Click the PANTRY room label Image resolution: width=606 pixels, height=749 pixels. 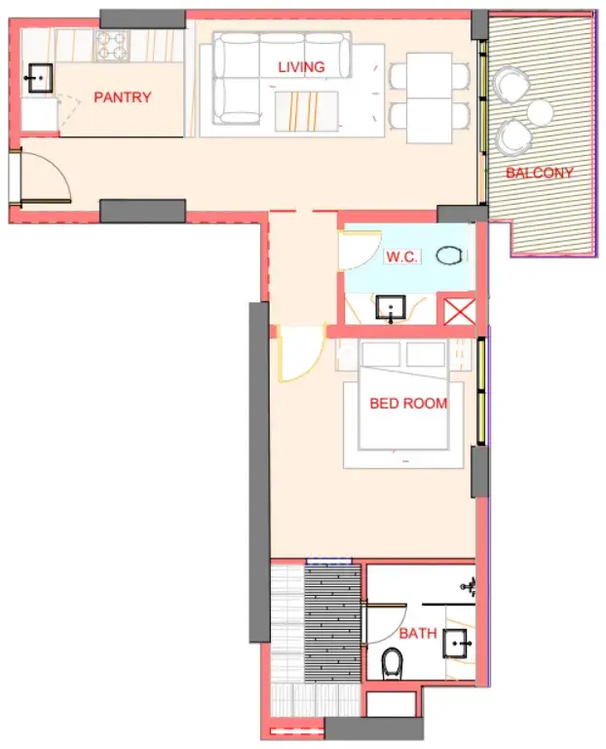point(122,98)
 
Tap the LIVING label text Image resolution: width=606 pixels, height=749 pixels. point(301,67)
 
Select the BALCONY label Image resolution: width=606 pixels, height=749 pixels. point(539,173)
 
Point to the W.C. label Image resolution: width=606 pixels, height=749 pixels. point(401,256)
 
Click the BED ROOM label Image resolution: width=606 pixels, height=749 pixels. point(408,403)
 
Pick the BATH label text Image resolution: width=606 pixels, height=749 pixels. point(418,633)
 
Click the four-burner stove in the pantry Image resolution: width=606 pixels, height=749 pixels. point(112,46)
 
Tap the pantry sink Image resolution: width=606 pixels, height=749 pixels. point(39,78)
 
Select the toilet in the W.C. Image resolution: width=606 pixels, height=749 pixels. point(449,256)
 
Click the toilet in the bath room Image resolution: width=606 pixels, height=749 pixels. point(393,662)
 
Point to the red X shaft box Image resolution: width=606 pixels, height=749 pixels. point(460,311)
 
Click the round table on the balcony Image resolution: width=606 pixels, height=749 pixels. point(540,111)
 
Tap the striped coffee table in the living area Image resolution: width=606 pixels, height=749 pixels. point(306,111)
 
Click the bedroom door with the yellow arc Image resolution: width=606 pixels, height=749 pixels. point(299,354)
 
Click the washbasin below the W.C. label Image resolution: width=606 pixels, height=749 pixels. point(391,307)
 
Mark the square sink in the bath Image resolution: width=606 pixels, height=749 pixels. point(456,644)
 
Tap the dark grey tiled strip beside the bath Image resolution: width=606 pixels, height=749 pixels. point(332,622)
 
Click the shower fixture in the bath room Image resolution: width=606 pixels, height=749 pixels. point(469,586)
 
